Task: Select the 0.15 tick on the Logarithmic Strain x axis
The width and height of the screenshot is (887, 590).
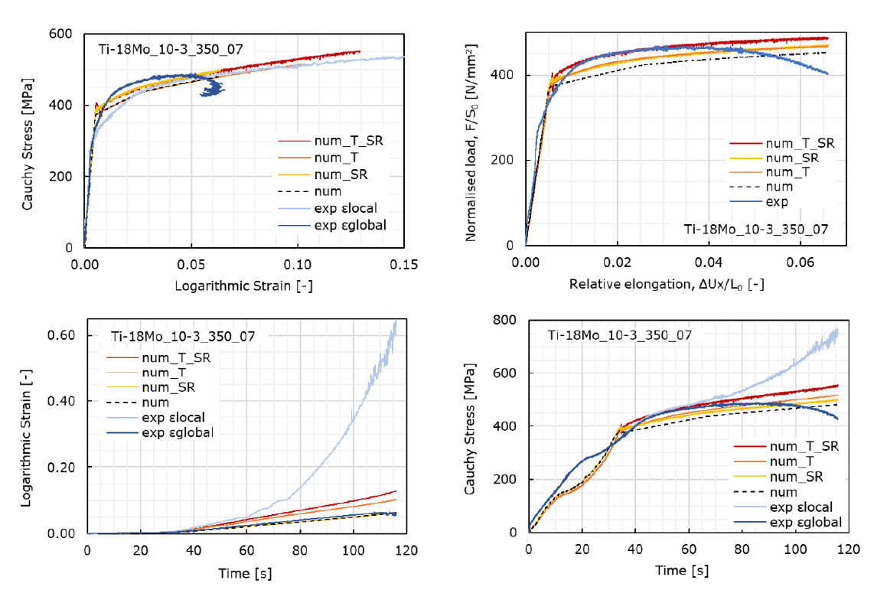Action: tap(403, 264)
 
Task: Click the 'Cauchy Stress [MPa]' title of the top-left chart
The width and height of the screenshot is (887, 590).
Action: tap(28, 141)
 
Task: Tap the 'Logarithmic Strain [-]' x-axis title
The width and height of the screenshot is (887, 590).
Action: tap(244, 285)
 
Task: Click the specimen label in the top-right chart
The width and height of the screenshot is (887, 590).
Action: tap(754, 229)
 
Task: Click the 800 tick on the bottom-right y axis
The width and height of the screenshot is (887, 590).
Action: tap(514, 320)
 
